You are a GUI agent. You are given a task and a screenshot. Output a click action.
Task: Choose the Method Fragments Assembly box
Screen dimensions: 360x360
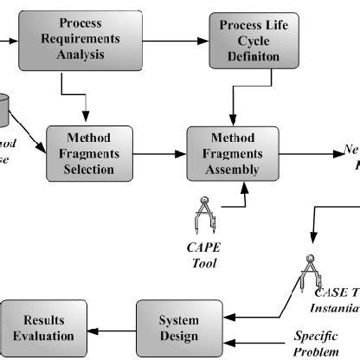point(233,153)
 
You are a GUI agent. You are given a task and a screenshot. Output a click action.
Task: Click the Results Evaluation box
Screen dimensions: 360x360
point(37,328)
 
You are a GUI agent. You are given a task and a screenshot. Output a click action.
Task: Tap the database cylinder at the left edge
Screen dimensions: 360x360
point(4,108)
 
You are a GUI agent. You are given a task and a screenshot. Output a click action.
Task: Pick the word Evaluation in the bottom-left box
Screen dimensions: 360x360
point(37,336)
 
